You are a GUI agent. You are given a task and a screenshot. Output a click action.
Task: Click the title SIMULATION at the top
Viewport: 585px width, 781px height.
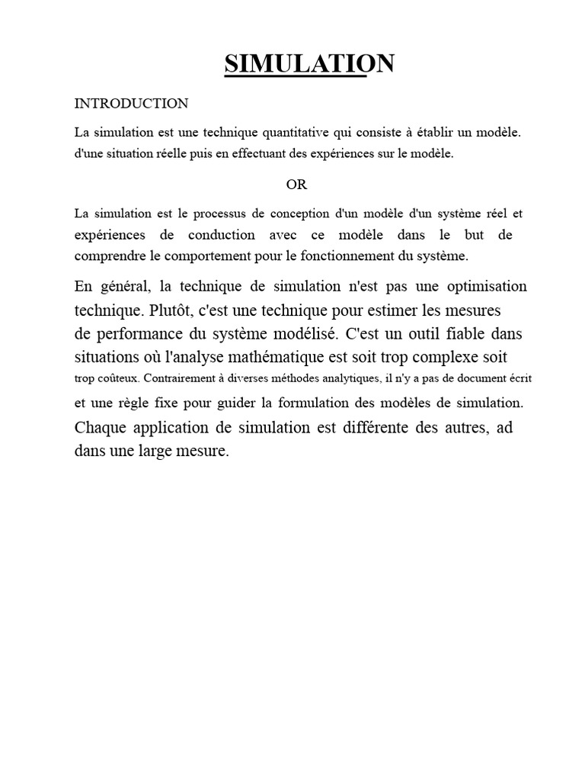[309, 64]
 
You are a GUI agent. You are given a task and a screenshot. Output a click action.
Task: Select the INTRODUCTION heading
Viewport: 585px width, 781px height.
[131, 103]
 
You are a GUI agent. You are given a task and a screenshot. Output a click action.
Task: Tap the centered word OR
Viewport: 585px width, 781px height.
[296, 185]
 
